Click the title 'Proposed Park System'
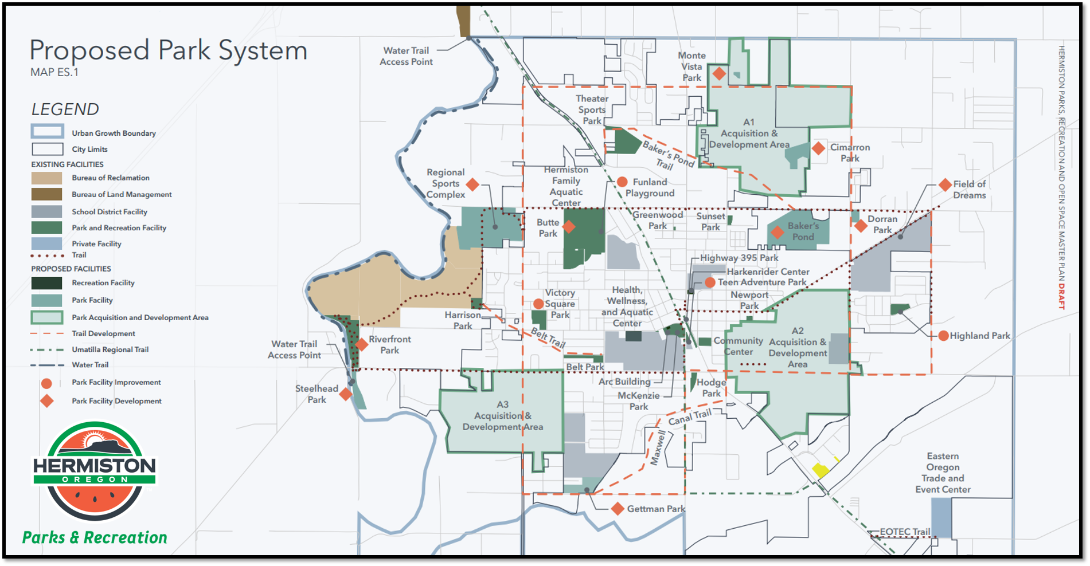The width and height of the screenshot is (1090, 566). (168, 50)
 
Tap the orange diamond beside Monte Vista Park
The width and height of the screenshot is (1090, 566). (719, 73)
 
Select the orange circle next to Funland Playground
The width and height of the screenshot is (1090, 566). (622, 182)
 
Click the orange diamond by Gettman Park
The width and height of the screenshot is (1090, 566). (618, 509)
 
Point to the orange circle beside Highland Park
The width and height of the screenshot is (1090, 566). (943, 336)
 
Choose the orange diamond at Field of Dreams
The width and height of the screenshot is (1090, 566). (946, 185)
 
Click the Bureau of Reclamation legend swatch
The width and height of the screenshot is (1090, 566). (47, 178)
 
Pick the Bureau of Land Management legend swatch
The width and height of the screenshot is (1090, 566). (47, 195)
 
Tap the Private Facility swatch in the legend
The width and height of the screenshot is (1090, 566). (47, 244)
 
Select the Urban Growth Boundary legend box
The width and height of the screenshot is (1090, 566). (47, 132)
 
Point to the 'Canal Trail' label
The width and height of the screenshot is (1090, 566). (689, 418)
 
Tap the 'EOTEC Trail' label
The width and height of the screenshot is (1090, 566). (905, 532)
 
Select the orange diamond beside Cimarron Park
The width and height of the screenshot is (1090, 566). (818, 148)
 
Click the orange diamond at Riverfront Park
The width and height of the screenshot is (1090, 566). (362, 344)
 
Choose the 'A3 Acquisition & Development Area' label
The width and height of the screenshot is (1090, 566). (502, 415)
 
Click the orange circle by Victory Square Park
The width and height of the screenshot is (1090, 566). (538, 304)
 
